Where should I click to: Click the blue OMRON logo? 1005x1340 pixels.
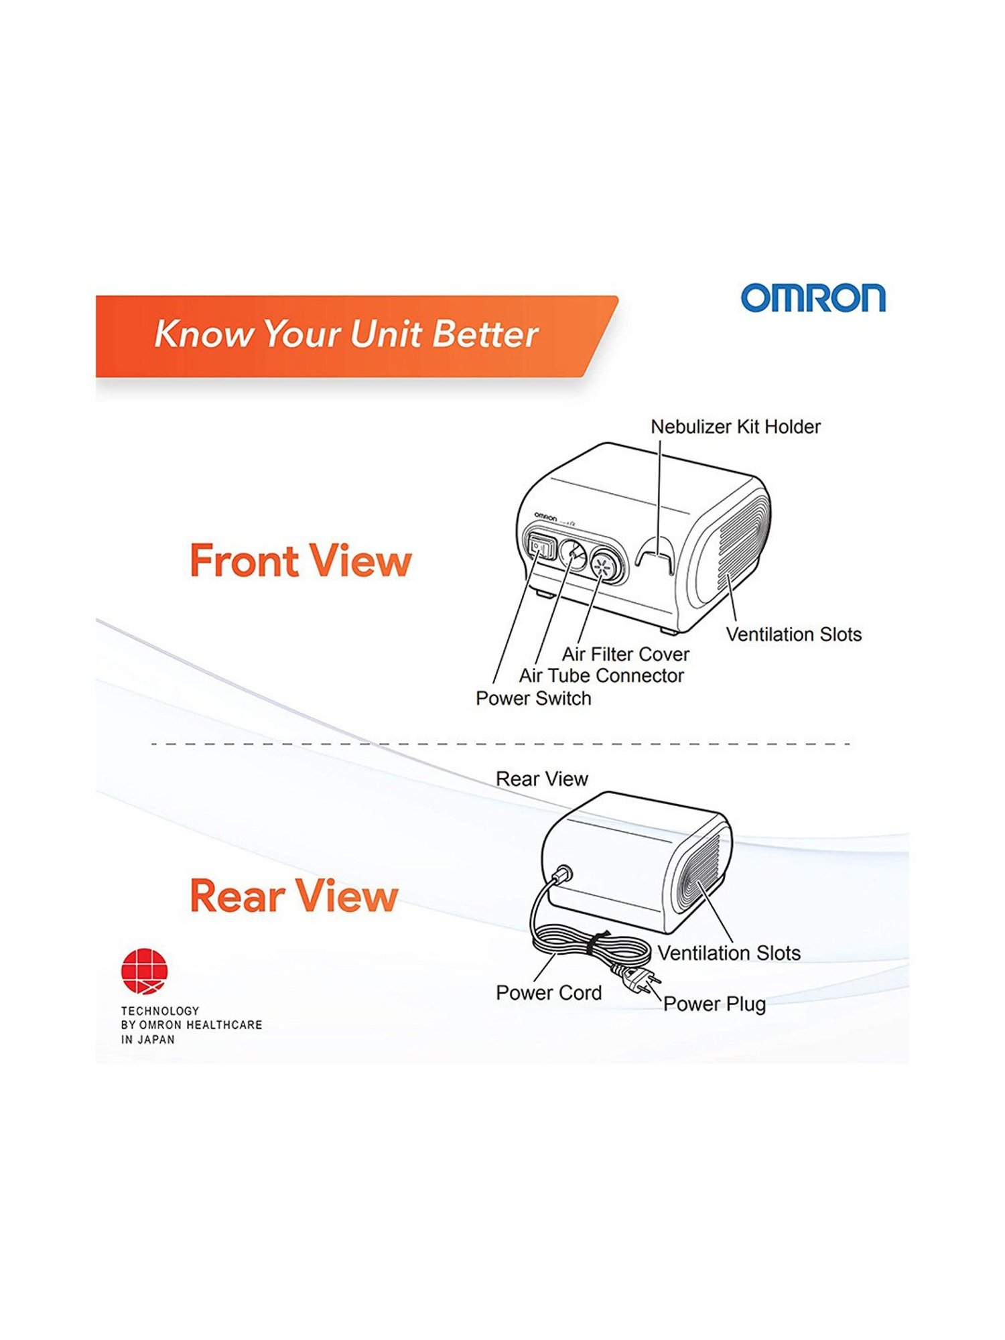tap(813, 298)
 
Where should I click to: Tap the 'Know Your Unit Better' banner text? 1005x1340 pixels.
tap(346, 334)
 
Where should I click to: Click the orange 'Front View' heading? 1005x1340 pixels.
tap(300, 561)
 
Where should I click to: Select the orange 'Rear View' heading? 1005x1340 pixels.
tap(293, 896)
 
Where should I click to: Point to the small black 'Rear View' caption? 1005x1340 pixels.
tap(541, 779)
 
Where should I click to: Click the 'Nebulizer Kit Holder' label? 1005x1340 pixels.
tap(735, 427)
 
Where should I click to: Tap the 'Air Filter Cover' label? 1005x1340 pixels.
tap(625, 654)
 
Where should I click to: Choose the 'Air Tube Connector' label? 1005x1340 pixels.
tap(601, 676)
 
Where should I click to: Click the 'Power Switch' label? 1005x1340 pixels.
tap(533, 699)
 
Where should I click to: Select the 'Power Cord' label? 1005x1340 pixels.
tap(549, 993)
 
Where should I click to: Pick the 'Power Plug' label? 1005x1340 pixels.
tap(714, 1004)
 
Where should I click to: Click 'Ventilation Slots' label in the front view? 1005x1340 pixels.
tap(793, 634)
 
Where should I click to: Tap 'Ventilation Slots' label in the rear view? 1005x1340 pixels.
tap(729, 953)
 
